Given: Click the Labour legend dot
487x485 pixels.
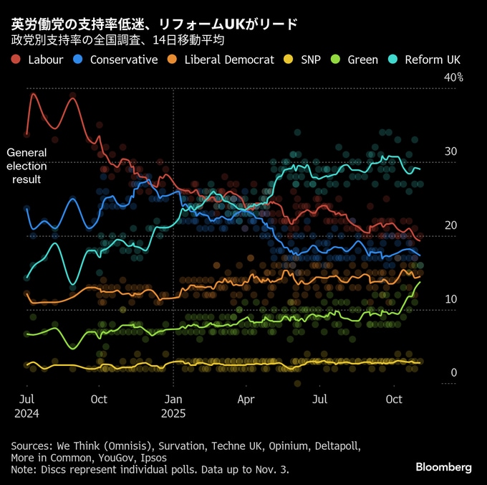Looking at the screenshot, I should click(16, 60).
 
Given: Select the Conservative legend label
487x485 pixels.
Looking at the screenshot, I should click(123, 60).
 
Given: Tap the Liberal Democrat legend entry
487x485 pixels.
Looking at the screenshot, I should click(228, 60).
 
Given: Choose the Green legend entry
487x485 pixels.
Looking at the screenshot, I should click(362, 60).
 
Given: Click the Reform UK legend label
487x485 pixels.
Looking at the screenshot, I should click(433, 60).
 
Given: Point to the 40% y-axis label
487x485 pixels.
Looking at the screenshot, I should click(454, 77).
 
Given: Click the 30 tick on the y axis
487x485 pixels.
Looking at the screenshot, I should click(450, 151).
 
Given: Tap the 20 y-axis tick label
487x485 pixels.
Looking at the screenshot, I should click(450, 225).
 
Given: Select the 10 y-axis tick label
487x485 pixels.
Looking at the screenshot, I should click(450, 299).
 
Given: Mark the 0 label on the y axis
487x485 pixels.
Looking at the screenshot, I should click(453, 373).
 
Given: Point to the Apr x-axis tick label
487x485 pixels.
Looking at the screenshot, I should click(246, 398).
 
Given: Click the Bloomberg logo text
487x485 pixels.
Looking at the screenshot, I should click(444, 467).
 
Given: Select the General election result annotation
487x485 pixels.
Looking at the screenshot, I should click(26, 166).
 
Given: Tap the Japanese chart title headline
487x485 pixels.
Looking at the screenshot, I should click(153, 24).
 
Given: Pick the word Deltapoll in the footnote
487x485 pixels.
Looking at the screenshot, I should click(336, 446).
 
